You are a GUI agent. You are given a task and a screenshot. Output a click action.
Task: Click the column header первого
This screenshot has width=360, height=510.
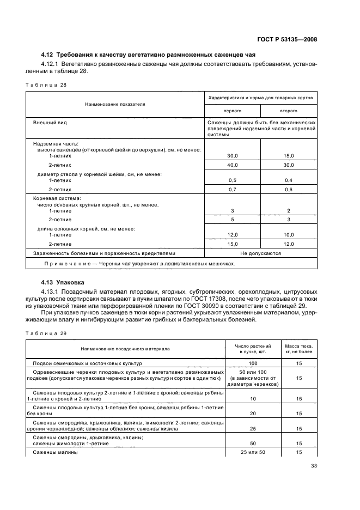coord(232,110)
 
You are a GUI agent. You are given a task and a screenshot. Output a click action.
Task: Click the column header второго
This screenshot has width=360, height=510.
coord(289,110)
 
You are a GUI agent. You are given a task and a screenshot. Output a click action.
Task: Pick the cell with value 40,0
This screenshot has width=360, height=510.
coord(232,165)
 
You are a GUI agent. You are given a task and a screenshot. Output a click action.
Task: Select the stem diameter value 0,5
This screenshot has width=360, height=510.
coord(232,180)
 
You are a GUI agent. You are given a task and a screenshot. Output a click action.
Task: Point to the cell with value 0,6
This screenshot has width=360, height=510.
coord(289,189)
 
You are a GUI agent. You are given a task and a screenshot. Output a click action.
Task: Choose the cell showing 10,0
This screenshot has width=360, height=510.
coord(289,234)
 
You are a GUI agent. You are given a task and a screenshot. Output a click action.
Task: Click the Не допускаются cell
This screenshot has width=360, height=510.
coord(260,253)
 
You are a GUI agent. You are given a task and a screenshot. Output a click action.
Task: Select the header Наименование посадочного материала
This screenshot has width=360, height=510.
coord(125,348)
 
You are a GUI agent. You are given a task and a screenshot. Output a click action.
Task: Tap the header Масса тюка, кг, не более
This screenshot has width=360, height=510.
coord(299,348)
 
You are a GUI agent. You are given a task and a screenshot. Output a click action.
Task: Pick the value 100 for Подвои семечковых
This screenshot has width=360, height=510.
coord(252,362)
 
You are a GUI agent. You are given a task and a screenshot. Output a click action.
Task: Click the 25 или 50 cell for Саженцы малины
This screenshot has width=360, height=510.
coord(252,452)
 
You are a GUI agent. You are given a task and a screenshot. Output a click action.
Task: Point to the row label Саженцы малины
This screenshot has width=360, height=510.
coord(56,452)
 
